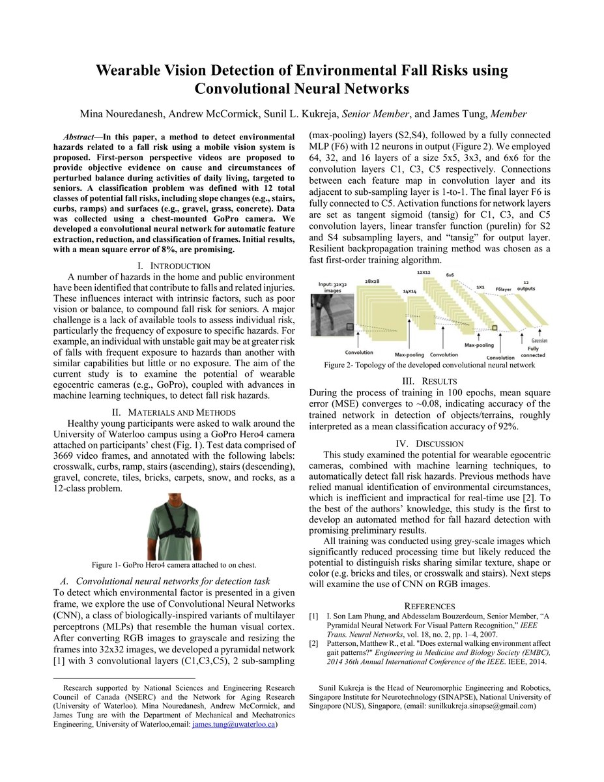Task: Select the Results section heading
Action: point(429,381)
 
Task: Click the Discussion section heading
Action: point(429,444)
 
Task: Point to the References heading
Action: point(429,606)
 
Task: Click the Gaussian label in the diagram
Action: point(539,341)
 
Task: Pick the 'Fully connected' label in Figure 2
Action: point(532,352)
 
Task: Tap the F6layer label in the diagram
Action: point(504,288)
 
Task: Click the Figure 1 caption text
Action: point(174,564)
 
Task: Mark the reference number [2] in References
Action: point(314,644)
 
